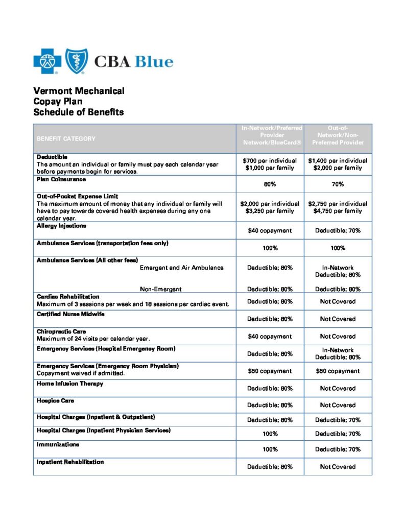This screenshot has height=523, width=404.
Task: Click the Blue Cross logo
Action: pyautogui.click(x=47, y=61)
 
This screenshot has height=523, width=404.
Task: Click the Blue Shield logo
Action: pyautogui.click(x=76, y=61)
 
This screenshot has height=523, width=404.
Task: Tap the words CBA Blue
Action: pyautogui.click(x=134, y=62)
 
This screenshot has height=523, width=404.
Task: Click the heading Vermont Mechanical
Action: pyautogui.click(x=79, y=91)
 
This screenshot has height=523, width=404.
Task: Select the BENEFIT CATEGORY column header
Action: pyautogui.click(x=66, y=138)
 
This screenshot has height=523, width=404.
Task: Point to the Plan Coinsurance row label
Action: pyautogui.click(x=61, y=179)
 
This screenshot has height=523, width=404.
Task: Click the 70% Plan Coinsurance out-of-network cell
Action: pyautogui.click(x=338, y=184)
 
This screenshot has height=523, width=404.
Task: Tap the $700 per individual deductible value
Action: pyautogui.click(x=270, y=160)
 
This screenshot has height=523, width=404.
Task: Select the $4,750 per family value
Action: pyautogui.click(x=338, y=210)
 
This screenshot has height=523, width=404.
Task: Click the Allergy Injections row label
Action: pyautogui.click(x=61, y=225)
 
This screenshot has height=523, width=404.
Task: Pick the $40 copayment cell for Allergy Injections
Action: pyautogui.click(x=270, y=230)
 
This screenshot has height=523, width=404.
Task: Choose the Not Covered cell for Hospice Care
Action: pyautogui.click(x=338, y=405)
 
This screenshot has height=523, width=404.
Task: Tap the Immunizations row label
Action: pyautogui.click(x=57, y=445)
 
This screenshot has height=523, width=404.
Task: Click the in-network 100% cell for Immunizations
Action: pyautogui.click(x=270, y=449)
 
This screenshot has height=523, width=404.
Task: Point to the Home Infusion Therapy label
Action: pyautogui.click(x=70, y=384)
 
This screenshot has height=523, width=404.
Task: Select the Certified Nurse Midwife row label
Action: pyautogui.click(x=70, y=314)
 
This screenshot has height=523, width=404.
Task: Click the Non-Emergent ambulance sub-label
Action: pyautogui.click(x=160, y=289)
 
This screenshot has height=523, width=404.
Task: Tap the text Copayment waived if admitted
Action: pyautogui.click(x=81, y=373)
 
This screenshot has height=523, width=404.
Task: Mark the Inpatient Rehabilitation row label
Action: pyautogui.click(x=70, y=462)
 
